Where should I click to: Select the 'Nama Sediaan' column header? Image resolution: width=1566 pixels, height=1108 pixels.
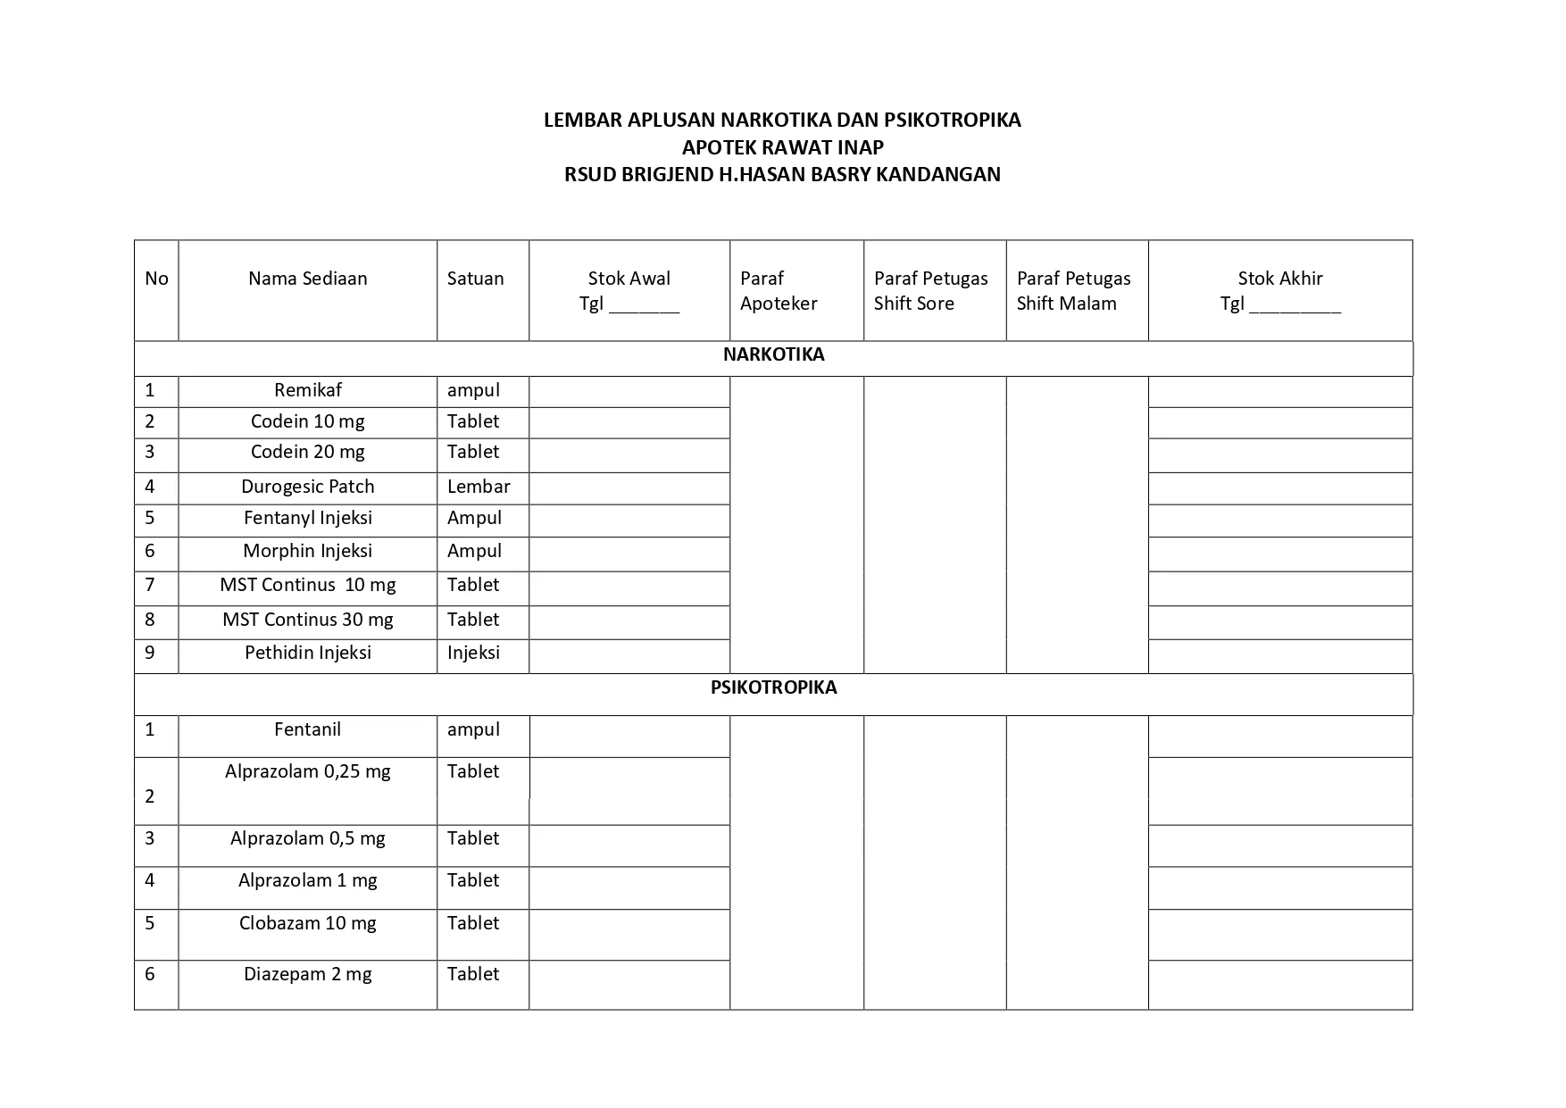coord(307,279)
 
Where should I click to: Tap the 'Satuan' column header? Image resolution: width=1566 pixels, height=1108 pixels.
coord(475,279)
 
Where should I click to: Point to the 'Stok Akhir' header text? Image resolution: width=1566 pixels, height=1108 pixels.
coord(1279,279)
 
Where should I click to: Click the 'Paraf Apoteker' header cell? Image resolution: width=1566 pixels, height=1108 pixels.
coord(778,291)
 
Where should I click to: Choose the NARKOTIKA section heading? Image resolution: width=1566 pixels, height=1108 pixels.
coord(773,355)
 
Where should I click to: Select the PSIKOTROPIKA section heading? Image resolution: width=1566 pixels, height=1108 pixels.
coord(773,688)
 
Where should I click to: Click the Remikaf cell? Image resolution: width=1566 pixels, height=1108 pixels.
coord(307,391)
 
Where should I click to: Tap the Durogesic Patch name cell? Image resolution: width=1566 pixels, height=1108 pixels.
coord(307,487)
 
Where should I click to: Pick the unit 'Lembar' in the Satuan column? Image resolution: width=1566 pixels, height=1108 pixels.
coord(479,487)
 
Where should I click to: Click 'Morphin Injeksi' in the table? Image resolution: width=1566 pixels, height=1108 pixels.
coord(307,552)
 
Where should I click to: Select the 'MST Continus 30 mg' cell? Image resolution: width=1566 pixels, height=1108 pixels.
coord(307,621)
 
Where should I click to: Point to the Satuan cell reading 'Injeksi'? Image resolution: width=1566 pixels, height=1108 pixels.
coord(473,654)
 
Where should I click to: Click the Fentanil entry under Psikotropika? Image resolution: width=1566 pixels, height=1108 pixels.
coord(307,730)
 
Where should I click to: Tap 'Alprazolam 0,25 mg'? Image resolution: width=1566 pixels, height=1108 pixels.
coord(307,772)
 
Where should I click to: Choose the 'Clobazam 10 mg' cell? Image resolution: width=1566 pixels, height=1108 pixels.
coord(307,924)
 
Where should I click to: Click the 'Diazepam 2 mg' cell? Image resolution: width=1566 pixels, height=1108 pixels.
coord(307,975)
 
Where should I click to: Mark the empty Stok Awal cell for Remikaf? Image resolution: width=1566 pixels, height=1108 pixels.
coord(629,392)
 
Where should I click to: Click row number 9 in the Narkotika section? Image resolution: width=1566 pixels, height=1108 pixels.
coord(150,654)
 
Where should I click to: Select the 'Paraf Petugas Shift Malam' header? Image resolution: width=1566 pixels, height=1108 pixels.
coord(1073,291)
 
